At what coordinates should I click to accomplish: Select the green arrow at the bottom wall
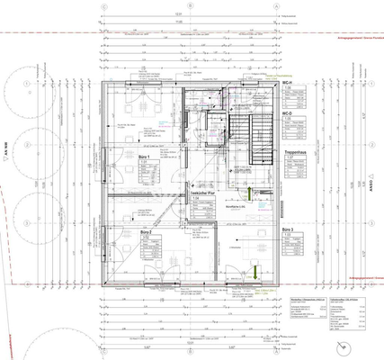pos(255,267)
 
